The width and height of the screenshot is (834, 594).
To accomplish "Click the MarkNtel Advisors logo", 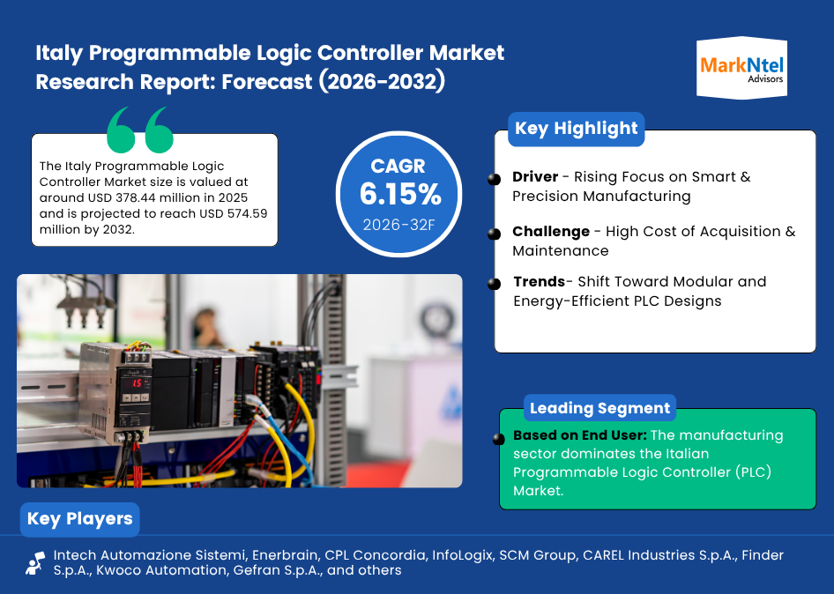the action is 741,68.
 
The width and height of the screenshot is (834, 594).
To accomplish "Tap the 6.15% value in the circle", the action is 400,194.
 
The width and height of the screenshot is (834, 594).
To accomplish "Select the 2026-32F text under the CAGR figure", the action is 398,225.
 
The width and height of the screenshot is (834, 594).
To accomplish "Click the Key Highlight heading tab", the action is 576,129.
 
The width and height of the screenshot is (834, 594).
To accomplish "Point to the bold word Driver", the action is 535,176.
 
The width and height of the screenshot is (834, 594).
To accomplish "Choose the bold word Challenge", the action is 551,232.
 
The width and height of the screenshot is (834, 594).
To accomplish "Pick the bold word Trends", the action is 540,281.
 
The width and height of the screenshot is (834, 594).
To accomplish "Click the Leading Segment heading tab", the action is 599,408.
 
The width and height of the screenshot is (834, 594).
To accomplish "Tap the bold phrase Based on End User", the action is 580,435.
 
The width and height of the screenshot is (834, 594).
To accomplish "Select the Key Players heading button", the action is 79,519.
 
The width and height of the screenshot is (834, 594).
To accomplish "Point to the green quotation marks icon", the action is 140,130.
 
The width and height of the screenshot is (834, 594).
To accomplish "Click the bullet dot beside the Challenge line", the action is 494,234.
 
